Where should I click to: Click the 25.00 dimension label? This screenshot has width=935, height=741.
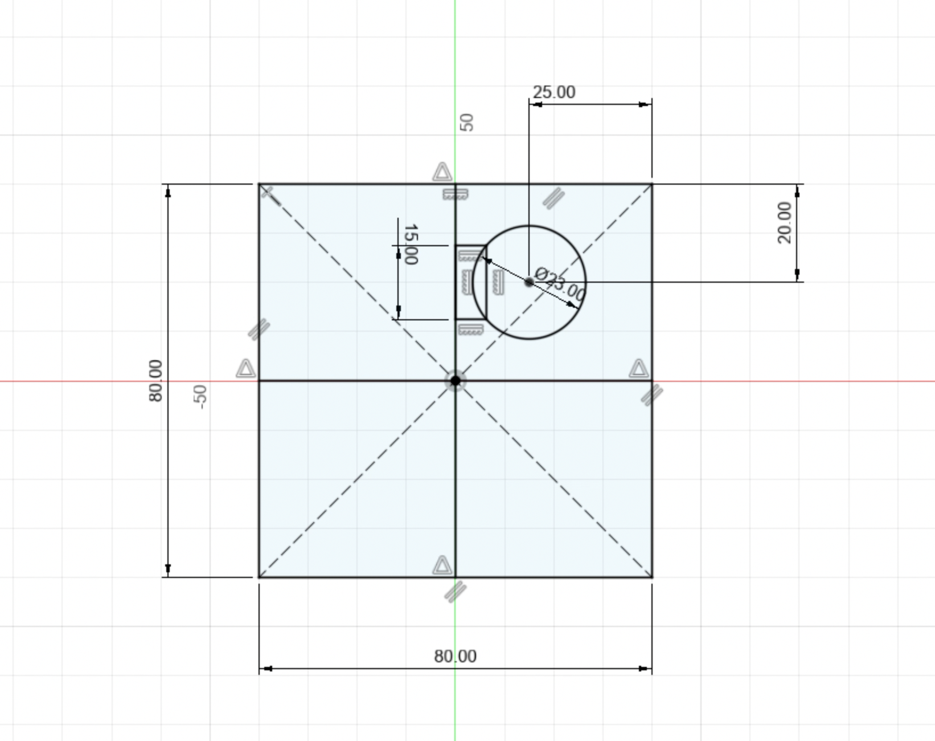pos(553,92)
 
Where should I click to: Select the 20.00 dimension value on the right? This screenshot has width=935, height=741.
pos(784,222)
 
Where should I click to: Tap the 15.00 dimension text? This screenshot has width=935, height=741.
pos(410,245)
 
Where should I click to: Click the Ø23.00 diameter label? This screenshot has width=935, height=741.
pos(561,284)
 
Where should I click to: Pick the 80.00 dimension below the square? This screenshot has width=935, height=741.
pos(455,656)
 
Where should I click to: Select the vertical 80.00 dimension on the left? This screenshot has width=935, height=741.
pos(155,380)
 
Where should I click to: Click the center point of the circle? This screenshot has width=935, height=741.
pos(529,282)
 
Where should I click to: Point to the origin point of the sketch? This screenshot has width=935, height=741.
pos(455,380)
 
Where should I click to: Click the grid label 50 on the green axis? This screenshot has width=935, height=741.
pos(466,122)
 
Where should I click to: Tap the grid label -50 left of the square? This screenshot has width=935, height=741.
pos(199,396)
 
